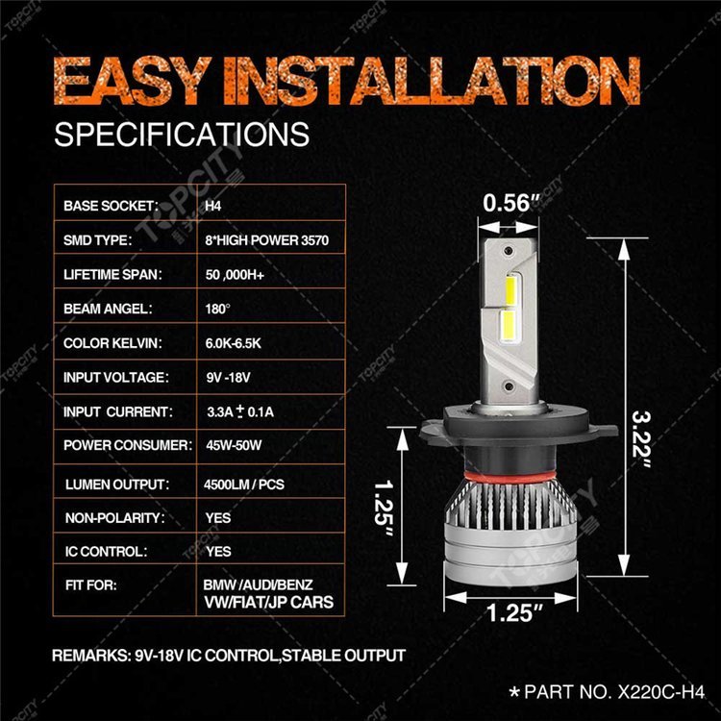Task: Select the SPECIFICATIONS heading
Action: pos(182,135)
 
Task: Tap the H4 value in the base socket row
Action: pos(212,206)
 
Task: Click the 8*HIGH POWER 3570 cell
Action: pos(266,240)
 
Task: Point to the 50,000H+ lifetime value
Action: pos(235,275)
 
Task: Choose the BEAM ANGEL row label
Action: pos(108,309)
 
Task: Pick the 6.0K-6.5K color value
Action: pos(234,343)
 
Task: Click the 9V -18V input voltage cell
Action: pos(228,378)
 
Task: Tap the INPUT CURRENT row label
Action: pos(118,411)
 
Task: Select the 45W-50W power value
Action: pos(234,445)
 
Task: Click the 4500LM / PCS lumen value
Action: pos(244,485)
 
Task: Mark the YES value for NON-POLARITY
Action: pos(218,518)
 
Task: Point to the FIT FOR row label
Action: pos(91,585)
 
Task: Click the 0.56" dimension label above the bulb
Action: pos(510,203)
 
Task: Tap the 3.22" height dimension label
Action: pos(641,440)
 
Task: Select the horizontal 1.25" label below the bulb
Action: pos(514,612)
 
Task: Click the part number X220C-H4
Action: pos(660,691)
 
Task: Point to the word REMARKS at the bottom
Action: pos(91,656)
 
